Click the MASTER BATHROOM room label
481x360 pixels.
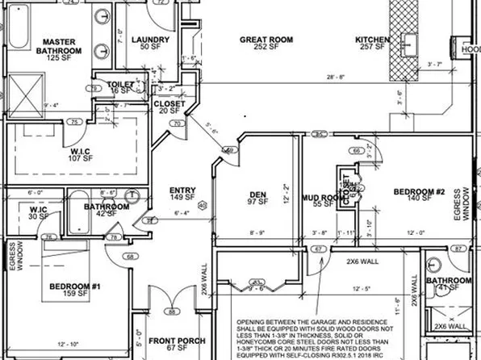59,47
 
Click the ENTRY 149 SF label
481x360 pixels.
182,192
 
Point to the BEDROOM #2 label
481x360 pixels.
419,194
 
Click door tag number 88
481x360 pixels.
171,312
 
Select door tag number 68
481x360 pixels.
131,257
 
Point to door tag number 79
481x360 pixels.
94,87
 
